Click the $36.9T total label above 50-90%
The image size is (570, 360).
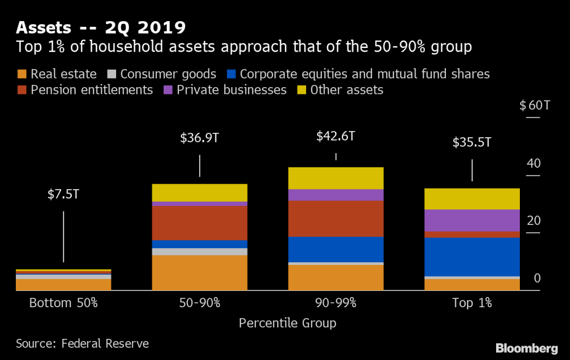(199, 138)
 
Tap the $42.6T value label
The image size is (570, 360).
(336, 136)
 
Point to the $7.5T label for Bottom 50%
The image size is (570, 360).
(63, 194)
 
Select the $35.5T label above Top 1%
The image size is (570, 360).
(472, 143)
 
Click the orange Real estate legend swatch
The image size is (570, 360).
(22, 74)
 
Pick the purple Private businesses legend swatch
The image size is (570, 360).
(168, 90)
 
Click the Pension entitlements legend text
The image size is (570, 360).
(91, 90)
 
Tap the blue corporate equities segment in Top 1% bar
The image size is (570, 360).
(472, 257)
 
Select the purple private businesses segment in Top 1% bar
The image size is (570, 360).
(472, 220)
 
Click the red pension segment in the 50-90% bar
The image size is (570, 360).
(199, 223)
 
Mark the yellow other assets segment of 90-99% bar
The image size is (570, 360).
(336, 178)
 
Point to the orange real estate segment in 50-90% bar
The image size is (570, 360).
(199, 272)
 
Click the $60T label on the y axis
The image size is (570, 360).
(535, 106)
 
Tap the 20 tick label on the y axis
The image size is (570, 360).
(534, 221)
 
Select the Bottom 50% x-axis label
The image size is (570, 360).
(63, 304)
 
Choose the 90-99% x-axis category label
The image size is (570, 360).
(336, 304)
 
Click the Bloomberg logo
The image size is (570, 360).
(526, 348)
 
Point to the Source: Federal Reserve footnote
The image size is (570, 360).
(82, 344)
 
